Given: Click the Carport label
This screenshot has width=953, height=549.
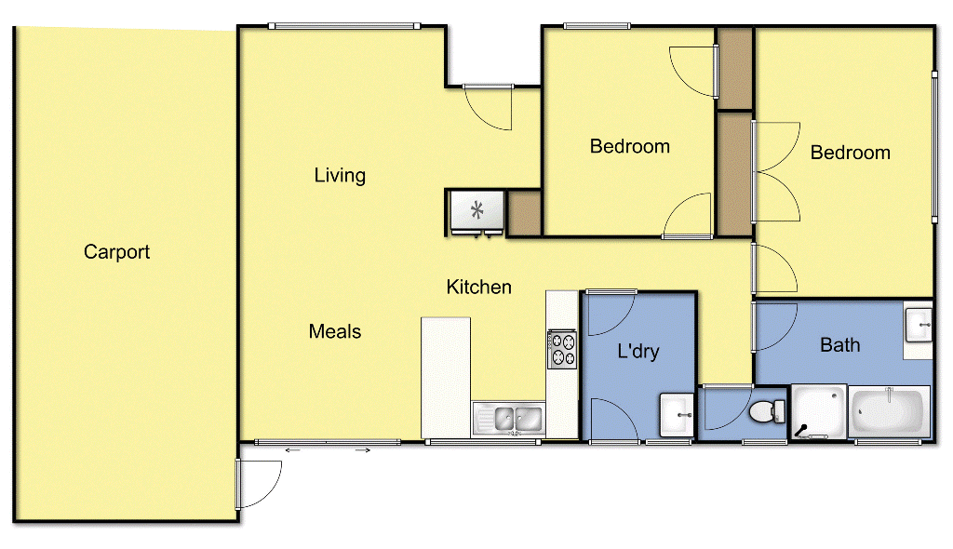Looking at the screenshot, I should click(116, 252).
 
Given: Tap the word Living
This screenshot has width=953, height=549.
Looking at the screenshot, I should click(340, 175).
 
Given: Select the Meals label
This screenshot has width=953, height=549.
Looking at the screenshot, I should click(335, 331).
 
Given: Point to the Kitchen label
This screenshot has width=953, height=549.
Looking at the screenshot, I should click(479, 287).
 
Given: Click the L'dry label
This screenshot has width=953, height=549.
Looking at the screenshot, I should click(638, 351).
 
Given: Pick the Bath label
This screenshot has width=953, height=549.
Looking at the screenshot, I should click(839, 345).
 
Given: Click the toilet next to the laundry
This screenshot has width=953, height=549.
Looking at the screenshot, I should click(767, 410).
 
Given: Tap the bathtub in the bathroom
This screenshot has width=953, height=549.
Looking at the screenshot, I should click(890, 411).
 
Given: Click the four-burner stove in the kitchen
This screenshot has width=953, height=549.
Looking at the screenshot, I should click(562, 349).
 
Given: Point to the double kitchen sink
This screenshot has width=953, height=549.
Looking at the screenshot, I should click(508, 419).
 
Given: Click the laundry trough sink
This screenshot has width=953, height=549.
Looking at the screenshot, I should click(677, 415).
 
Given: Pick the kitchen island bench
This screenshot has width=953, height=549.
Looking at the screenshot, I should click(446, 376).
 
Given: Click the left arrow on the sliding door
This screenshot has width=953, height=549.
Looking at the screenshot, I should click(292, 450).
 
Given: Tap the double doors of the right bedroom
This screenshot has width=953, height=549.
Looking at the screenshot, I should click(775, 171).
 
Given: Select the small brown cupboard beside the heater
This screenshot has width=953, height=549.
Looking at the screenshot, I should click(524, 212).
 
